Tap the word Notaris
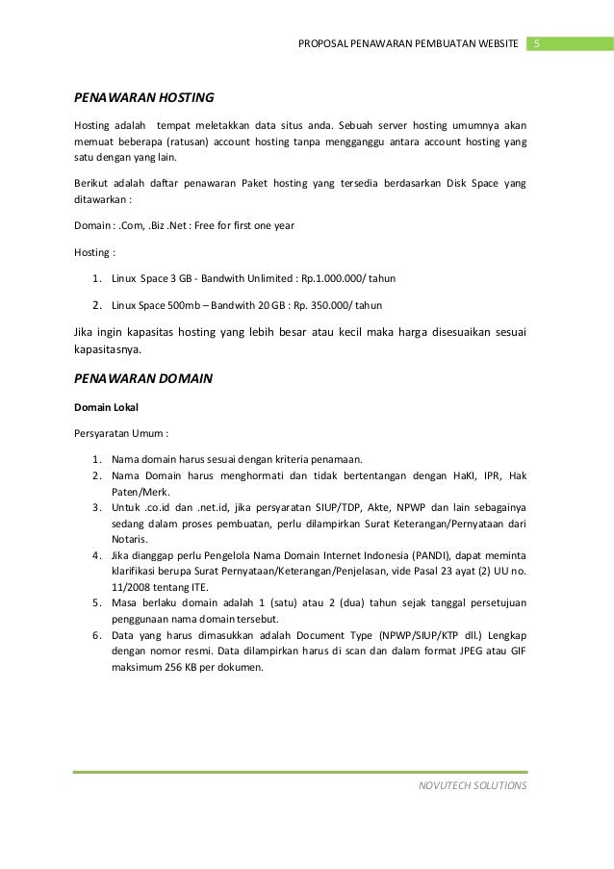pos(130,540)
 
